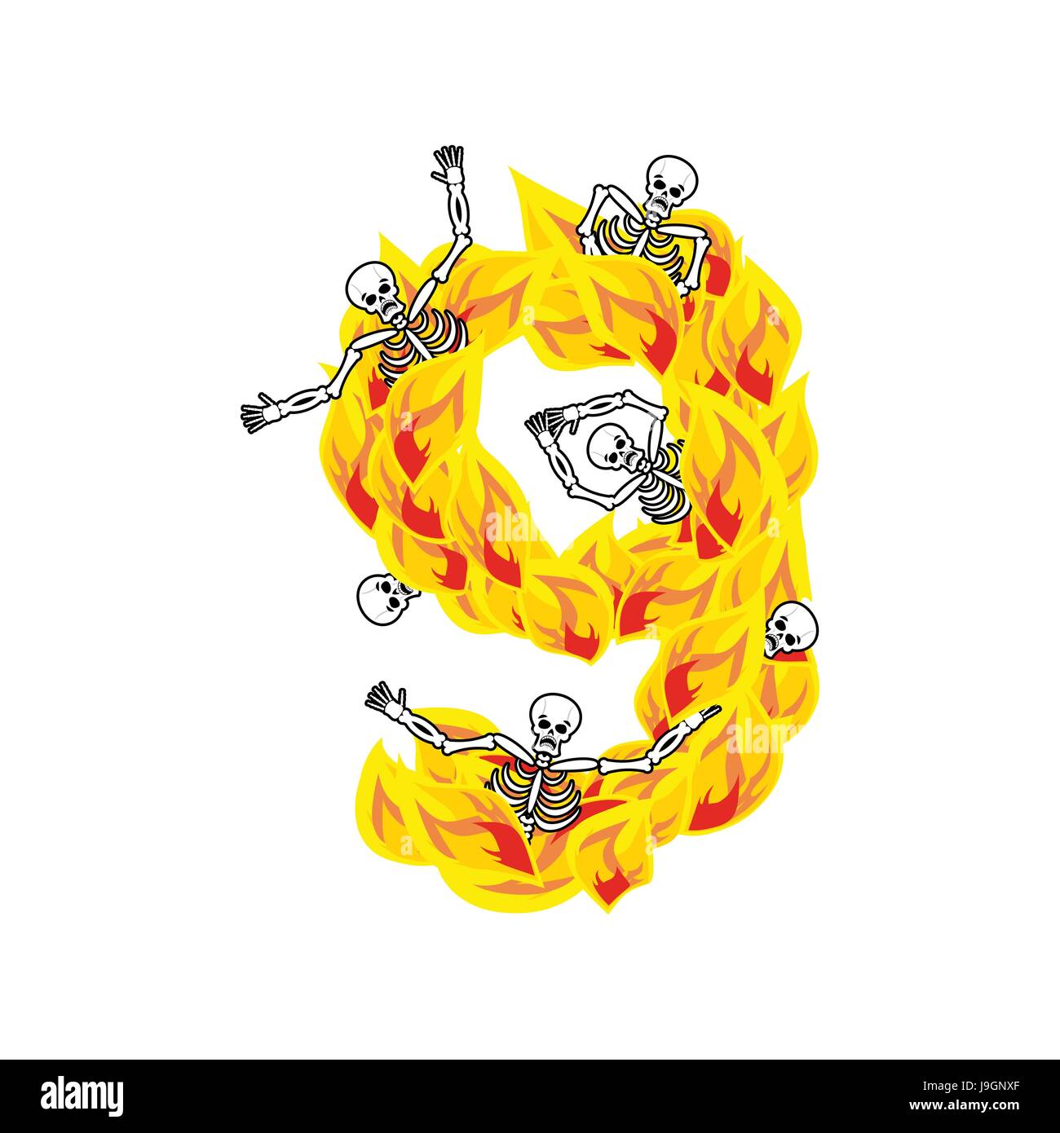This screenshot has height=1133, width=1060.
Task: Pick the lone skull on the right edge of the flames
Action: pos(791,630)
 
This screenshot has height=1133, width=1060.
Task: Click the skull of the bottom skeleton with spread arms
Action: pos(554,722)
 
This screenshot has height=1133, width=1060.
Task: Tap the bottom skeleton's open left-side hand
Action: pos(386,699)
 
